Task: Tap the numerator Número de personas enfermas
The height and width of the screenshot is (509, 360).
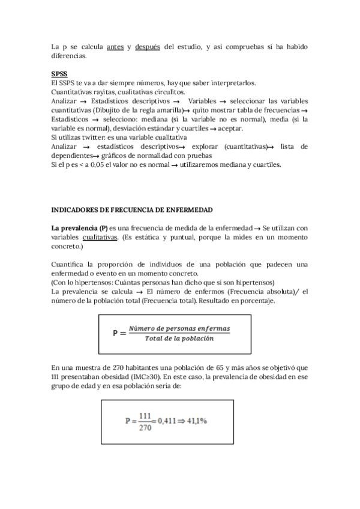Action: pos(179,329)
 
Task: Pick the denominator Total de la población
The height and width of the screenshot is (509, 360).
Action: pos(179,339)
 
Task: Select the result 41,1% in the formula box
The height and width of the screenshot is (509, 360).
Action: pos(196,420)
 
